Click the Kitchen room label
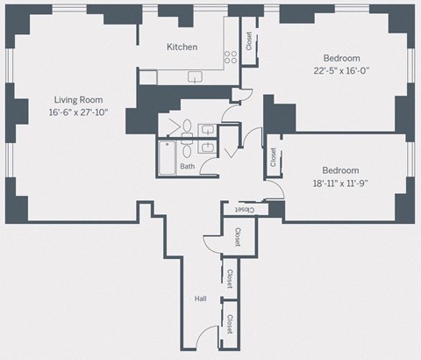click(x=182, y=47)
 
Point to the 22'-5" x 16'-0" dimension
click(x=341, y=71)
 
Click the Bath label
click(x=187, y=166)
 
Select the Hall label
click(x=200, y=299)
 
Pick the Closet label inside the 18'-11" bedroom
click(x=274, y=157)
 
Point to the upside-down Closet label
click(x=243, y=209)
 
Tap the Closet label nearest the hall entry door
click(x=230, y=324)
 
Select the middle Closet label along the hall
click(x=229, y=278)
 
